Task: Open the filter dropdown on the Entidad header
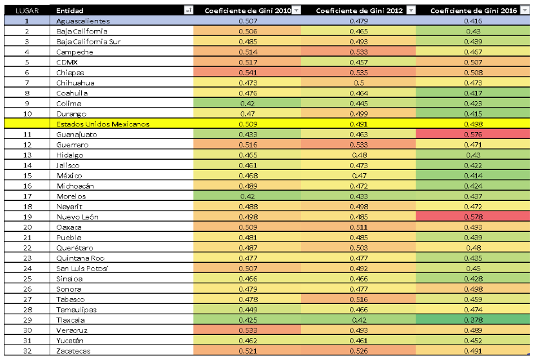pos(188,11)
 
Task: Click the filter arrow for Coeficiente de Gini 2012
pos(411,11)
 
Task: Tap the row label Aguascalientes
pos(83,21)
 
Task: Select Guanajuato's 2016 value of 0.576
pos(473,134)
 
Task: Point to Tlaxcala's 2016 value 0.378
pos(473,319)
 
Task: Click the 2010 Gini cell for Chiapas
pos(247,73)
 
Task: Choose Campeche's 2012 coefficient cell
pos(358,52)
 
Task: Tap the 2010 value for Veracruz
pos(247,330)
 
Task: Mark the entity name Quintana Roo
pos(78,258)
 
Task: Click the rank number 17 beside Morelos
pos(27,196)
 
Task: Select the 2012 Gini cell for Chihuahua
pos(358,83)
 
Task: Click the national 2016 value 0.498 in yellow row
pos(473,124)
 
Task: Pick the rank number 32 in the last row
pos(27,350)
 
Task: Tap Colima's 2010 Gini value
pos(247,103)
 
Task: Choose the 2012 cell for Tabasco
pos(358,299)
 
